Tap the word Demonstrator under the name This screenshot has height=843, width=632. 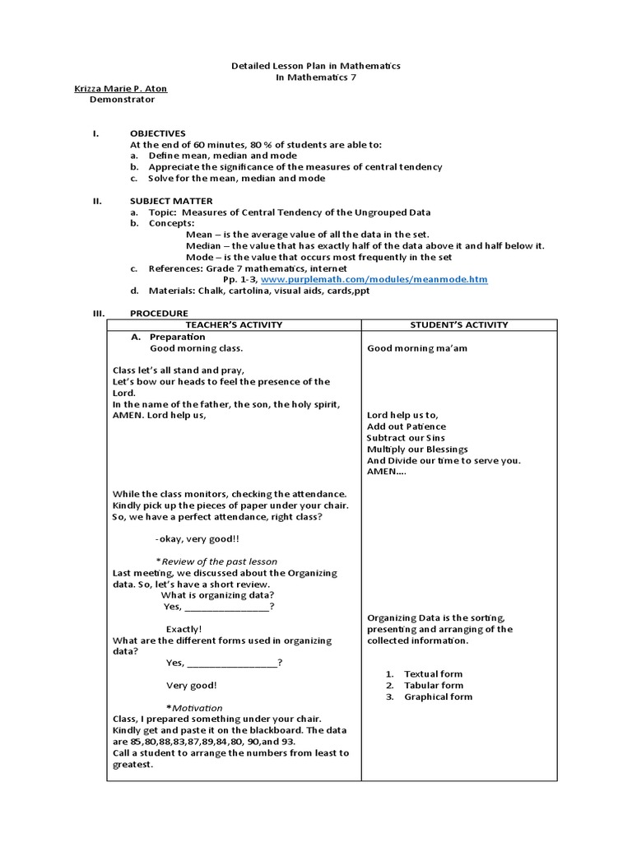click(x=122, y=100)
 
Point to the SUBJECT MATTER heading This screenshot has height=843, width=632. click(x=171, y=201)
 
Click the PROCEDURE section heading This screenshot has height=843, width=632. click(x=159, y=314)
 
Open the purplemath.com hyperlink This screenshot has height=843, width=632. click(x=374, y=280)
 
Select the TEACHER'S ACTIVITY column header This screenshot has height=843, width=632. click(x=234, y=325)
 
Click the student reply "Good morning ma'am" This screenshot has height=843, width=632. click(x=411, y=348)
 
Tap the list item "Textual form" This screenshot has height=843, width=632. click(x=433, y=674)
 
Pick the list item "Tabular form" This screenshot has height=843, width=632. click(x=433, y=686)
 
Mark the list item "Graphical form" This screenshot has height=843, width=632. click(x=438, y=697)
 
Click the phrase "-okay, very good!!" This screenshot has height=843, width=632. click(x=197, y=539)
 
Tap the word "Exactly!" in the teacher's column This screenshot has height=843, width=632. click(x=184, y=629)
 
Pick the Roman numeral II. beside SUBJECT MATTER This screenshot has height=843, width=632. click(x=95, y=201)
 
